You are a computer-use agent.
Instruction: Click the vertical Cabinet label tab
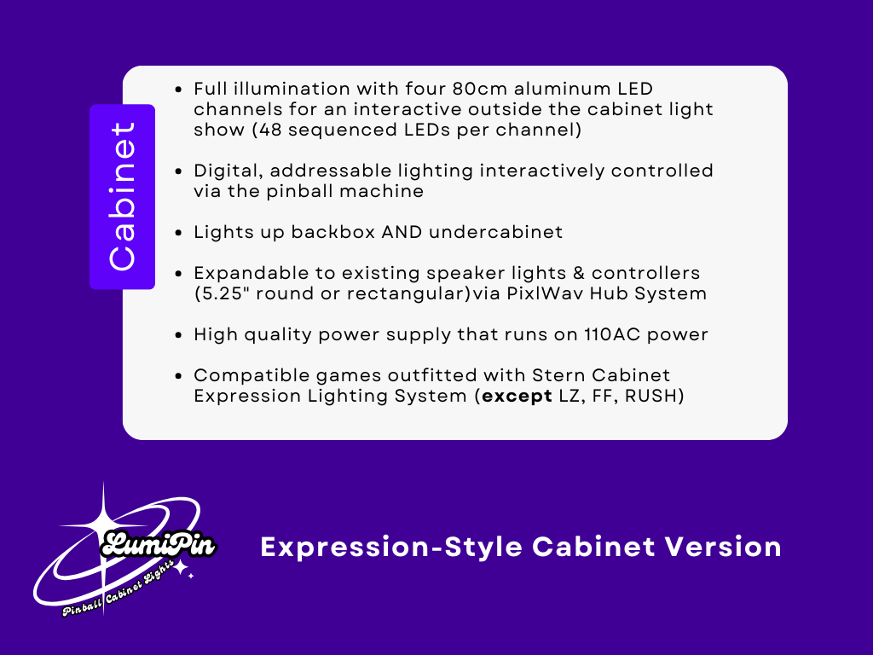pyautogui.click(x=122, y=197)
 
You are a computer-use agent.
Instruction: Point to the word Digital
pyautogui.click(x=223, y=171)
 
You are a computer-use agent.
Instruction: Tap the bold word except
pyautogui.click(x=517, y=397)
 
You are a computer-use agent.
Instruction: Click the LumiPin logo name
pyautogui.click(x=159, y=544)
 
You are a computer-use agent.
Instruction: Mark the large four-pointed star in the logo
pyautogui.click(x=103, y=521)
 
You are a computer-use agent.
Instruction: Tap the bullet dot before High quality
pyautogui.click(x=177, y=335)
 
